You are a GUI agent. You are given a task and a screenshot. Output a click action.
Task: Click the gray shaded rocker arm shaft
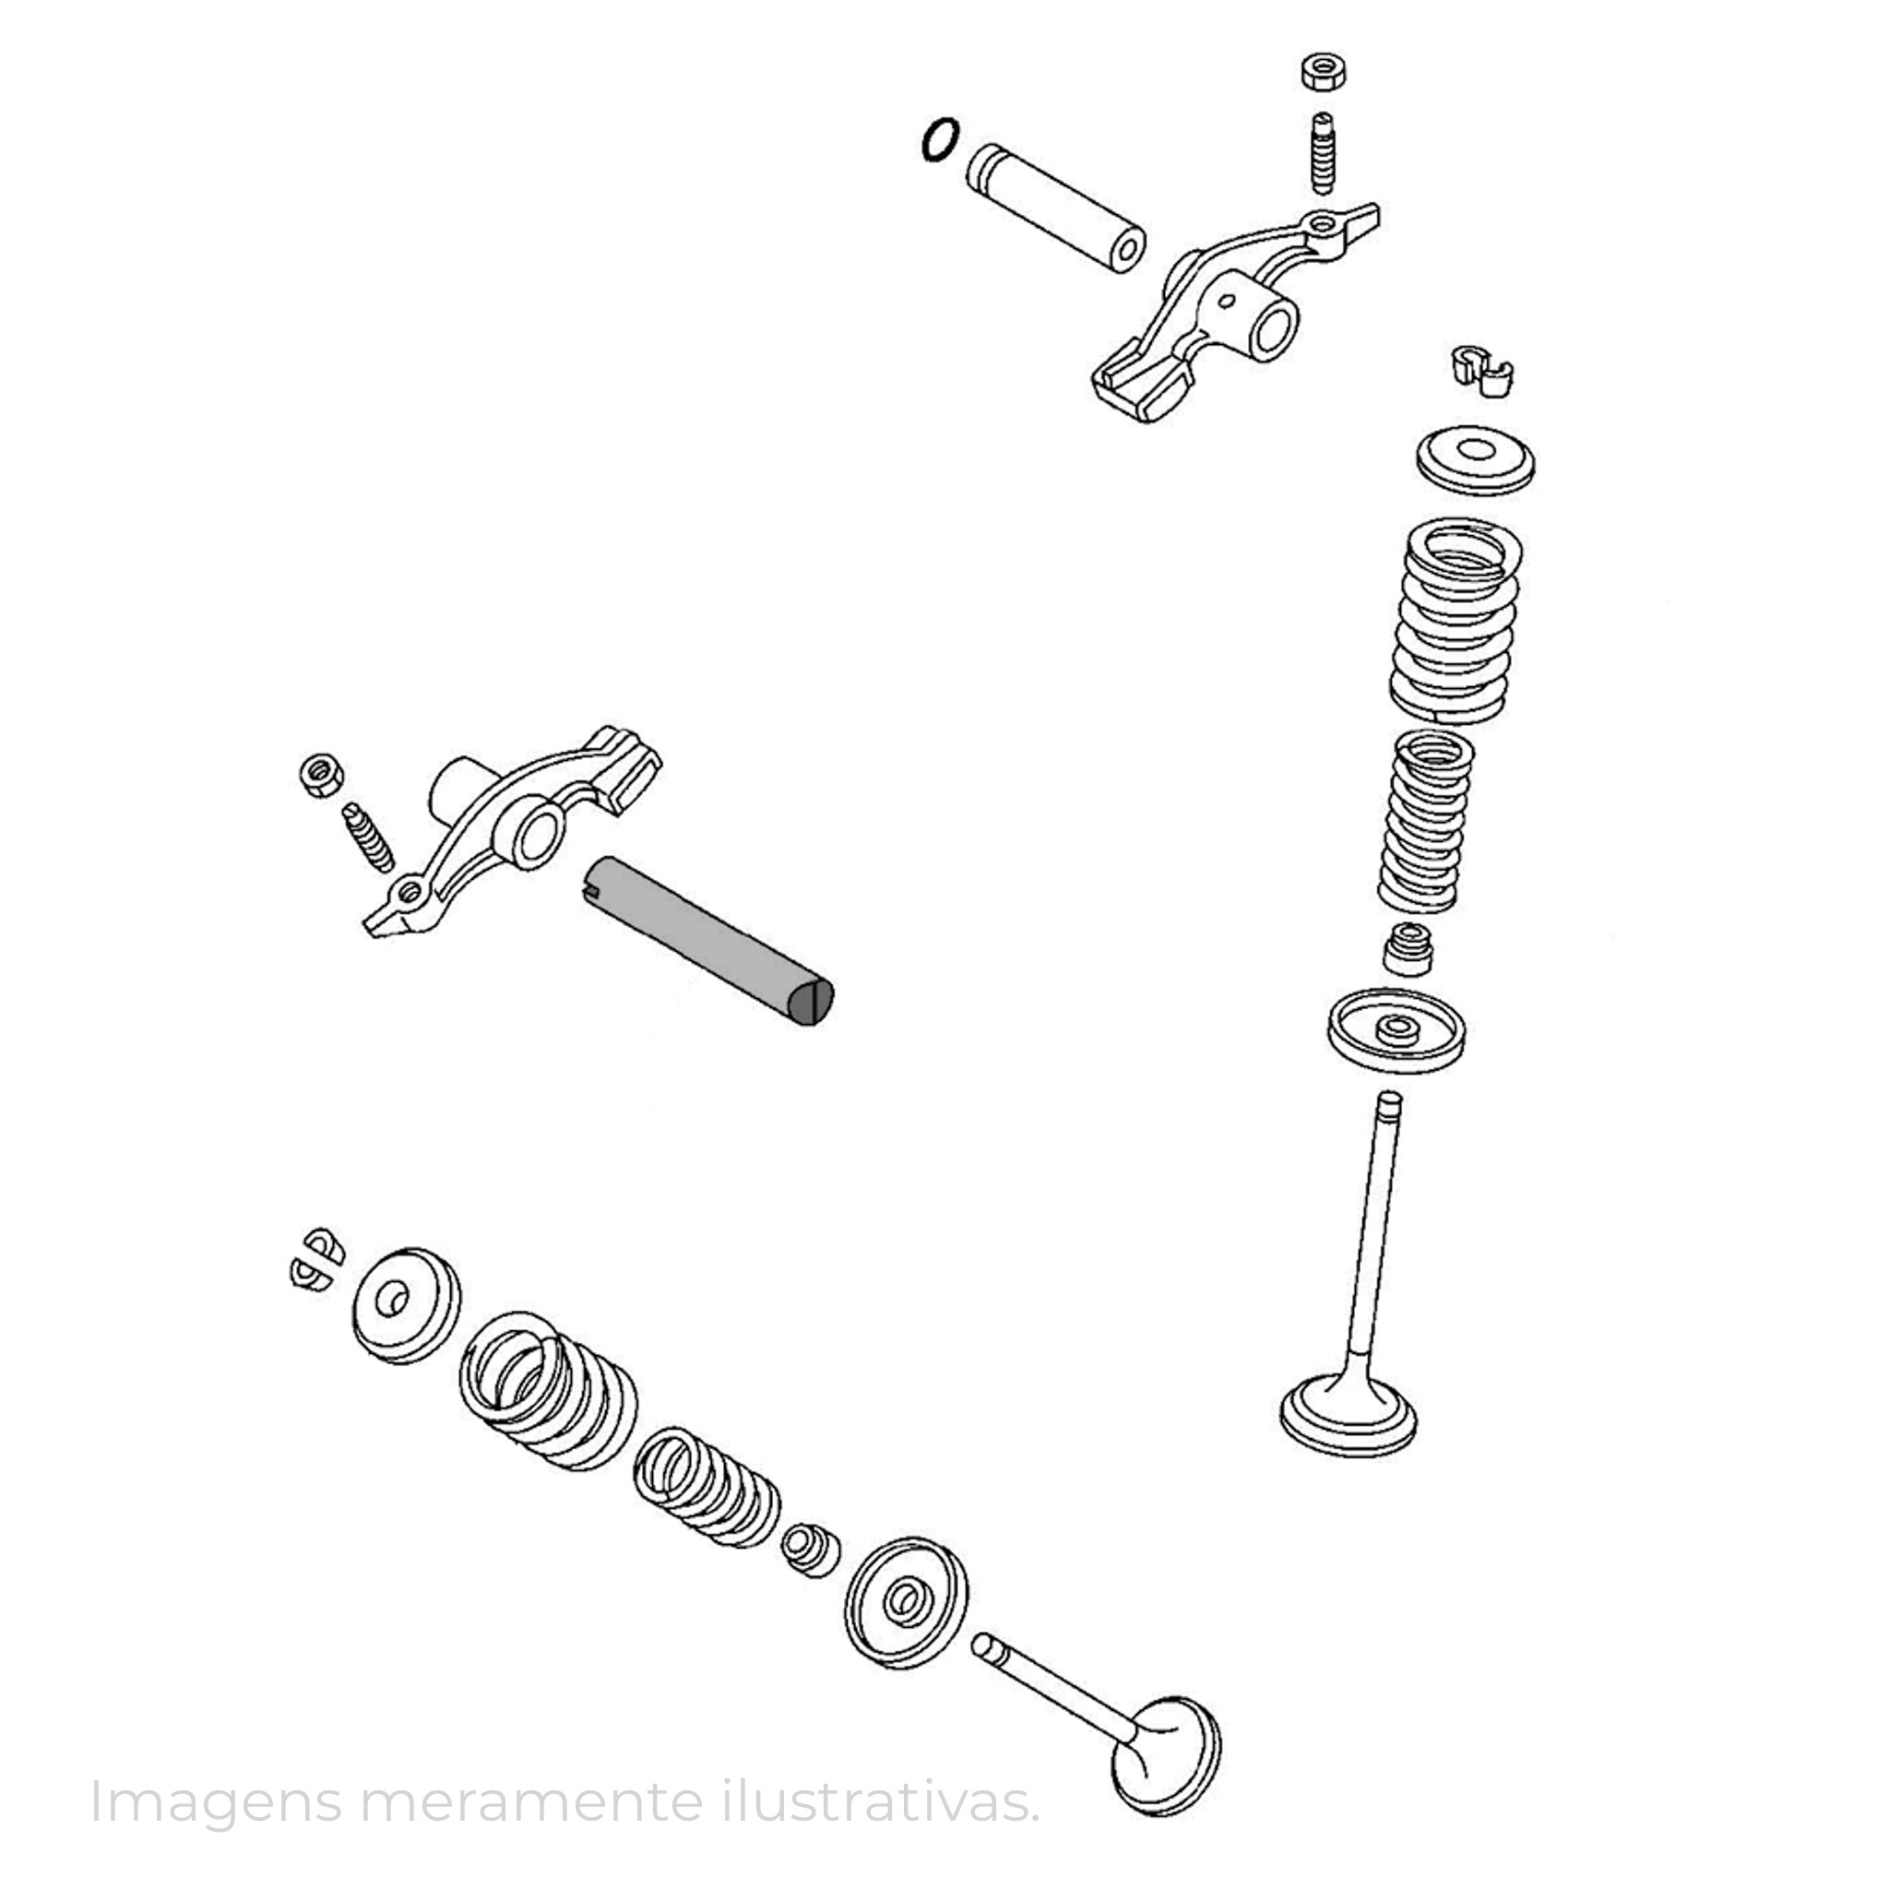pyautogui.click(x=710, y=940)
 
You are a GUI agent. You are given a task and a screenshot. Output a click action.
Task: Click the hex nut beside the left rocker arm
pyautogui.click(x=320, y=776)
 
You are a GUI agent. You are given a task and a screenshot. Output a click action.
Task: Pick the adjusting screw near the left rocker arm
pyautogui.click(x=368, y=837)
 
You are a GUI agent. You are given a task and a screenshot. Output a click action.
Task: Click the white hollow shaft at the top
pyautogui.click(x=1056, y=210)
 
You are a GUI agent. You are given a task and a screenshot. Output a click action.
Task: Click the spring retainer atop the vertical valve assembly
pyautogui.click(x=1476, y=459)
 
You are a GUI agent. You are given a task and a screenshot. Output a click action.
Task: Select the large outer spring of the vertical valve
pyautogui.click(x=1455, y=620)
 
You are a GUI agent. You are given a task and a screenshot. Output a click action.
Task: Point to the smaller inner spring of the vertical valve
pyautogui.click(x=1427, y=821)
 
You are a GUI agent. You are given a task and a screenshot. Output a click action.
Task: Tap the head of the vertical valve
pyautogui.click(x=1349, y=1416)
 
